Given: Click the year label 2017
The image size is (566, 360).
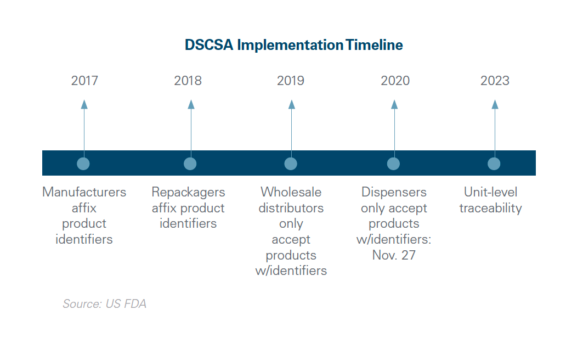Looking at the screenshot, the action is (x=84, y=81).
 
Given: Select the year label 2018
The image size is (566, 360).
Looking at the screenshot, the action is (x=188, y=81).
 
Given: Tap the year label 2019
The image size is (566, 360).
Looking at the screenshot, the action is (x=291, y=81).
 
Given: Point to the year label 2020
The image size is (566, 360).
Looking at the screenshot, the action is (x=395, y=81).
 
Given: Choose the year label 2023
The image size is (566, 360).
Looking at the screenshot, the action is (x=495, y=81).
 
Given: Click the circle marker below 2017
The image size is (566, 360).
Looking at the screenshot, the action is (x=83, y=164).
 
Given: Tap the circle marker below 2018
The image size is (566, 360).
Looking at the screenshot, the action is (x=190, y=164).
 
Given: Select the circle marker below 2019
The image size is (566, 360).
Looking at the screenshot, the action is (x=291, y=164).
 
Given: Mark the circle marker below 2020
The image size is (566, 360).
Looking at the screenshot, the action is (x=393, y=164).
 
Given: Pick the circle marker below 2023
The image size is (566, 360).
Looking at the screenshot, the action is (x=494, y=164).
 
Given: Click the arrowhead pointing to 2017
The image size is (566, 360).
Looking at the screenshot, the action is (x=84, y=104).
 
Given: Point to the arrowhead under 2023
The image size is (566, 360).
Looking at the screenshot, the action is (x=495, y=104).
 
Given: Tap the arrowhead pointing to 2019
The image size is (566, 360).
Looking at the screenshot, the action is (x=291, y=104).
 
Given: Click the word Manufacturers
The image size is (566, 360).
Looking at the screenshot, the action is (x=84, y=192).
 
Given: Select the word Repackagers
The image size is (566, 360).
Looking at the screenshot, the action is (x=188, y=192).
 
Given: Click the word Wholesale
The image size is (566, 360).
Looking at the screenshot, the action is (x=291, y=192).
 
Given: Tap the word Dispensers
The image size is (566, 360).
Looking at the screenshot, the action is (x=394, y=192).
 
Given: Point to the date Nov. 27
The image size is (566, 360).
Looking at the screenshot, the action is (x=394, y=255).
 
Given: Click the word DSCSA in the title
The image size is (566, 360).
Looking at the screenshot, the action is (x=209, y=45).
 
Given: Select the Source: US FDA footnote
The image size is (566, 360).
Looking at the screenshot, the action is (x=104, y=303).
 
